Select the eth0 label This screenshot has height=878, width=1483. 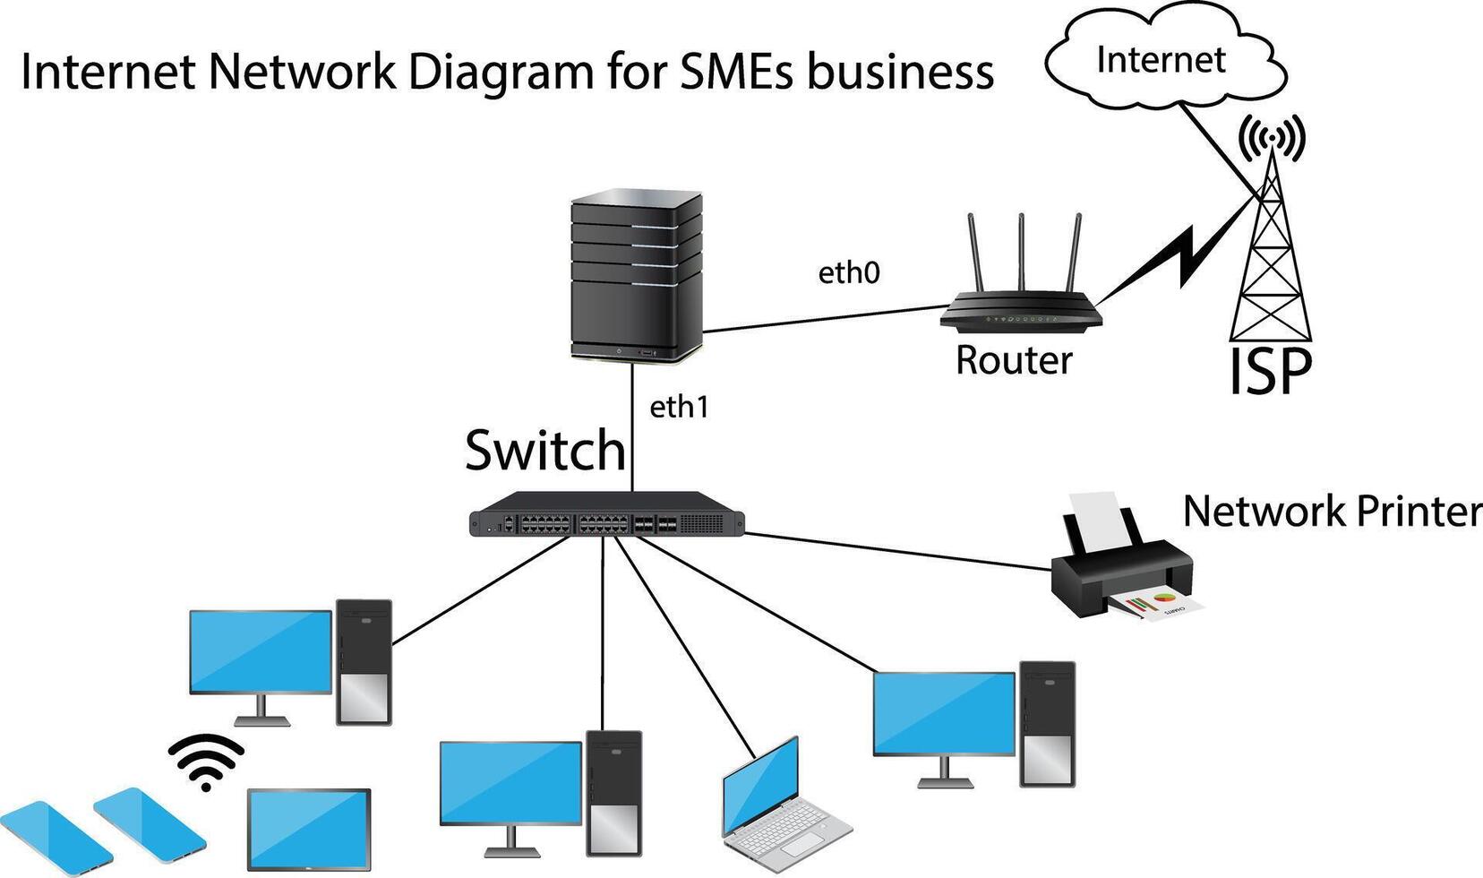848,272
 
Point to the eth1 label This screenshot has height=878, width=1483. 679,408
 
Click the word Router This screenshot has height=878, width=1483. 1013,360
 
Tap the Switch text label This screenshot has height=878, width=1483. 544,450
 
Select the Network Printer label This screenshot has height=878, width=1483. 1331,512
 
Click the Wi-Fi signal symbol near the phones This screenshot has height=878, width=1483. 206,762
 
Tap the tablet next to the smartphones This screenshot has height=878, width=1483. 308,829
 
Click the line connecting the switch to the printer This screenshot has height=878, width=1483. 896,550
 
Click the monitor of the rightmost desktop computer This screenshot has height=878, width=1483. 944,713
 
